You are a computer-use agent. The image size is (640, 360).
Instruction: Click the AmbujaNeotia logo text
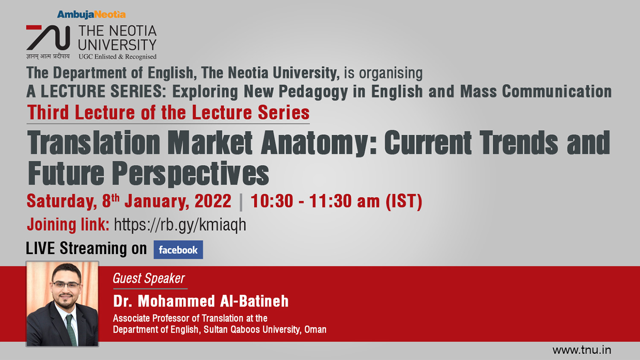[x=91, y=15]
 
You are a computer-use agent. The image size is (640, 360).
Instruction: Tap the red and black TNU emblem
[x=48, y=38]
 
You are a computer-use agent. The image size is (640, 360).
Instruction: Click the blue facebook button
[x=178, y=250]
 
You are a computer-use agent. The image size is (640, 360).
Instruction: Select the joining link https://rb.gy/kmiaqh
[x=180, y=224]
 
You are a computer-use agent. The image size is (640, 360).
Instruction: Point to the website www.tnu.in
[x=582, y=350]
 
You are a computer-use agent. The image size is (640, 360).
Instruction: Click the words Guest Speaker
[x=148, y=278]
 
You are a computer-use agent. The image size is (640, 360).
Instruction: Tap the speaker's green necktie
[x=71, y=330]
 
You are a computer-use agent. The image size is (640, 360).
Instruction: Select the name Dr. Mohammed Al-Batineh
[x=201, y=301]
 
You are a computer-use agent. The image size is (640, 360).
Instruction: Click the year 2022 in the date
[x=213, y=201]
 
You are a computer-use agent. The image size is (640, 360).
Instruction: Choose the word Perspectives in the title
[x=190, y=174]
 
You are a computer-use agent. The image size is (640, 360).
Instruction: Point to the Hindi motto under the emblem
[x=48, y=56]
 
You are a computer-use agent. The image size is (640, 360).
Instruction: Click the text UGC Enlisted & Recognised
[x=117, y=57]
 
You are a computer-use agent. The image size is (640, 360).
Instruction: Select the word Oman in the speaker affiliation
[x=315, y=330]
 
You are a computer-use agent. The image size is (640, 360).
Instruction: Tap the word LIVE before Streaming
[x=40, y=248]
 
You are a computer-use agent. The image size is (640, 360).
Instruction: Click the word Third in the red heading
[x=48, y=112]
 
